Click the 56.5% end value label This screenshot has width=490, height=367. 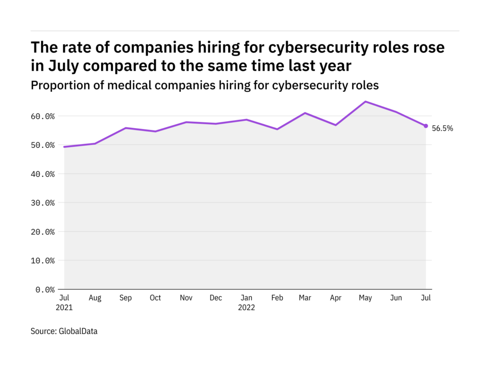pyautogui.click(x=442, y=128)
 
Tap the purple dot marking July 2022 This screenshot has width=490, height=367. pyautogui.click(x=426, y=126)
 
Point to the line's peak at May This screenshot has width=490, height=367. pyautogui.click(x=366, y=101)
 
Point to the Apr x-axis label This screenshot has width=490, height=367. pyautogui.click(x=335, y=298)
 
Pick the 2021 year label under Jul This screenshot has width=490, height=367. pyautogui.click(x=64, y=308)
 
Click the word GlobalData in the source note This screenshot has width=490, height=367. pyautogui.click(x=78, y=331)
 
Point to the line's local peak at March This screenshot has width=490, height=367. pyautogui.click(x=305, y=113)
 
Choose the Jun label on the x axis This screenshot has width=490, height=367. pyautogui.click(x=396, y=298)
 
